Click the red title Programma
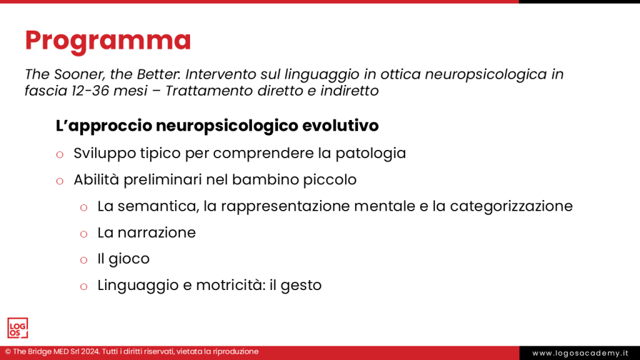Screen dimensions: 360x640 pos(107,41)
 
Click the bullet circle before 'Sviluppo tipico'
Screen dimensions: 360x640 pos(60,154)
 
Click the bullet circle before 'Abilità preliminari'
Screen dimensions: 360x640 pos(60,181)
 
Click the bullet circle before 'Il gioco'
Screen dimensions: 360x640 pos(84,259)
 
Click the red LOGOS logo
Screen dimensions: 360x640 pos(17,328)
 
